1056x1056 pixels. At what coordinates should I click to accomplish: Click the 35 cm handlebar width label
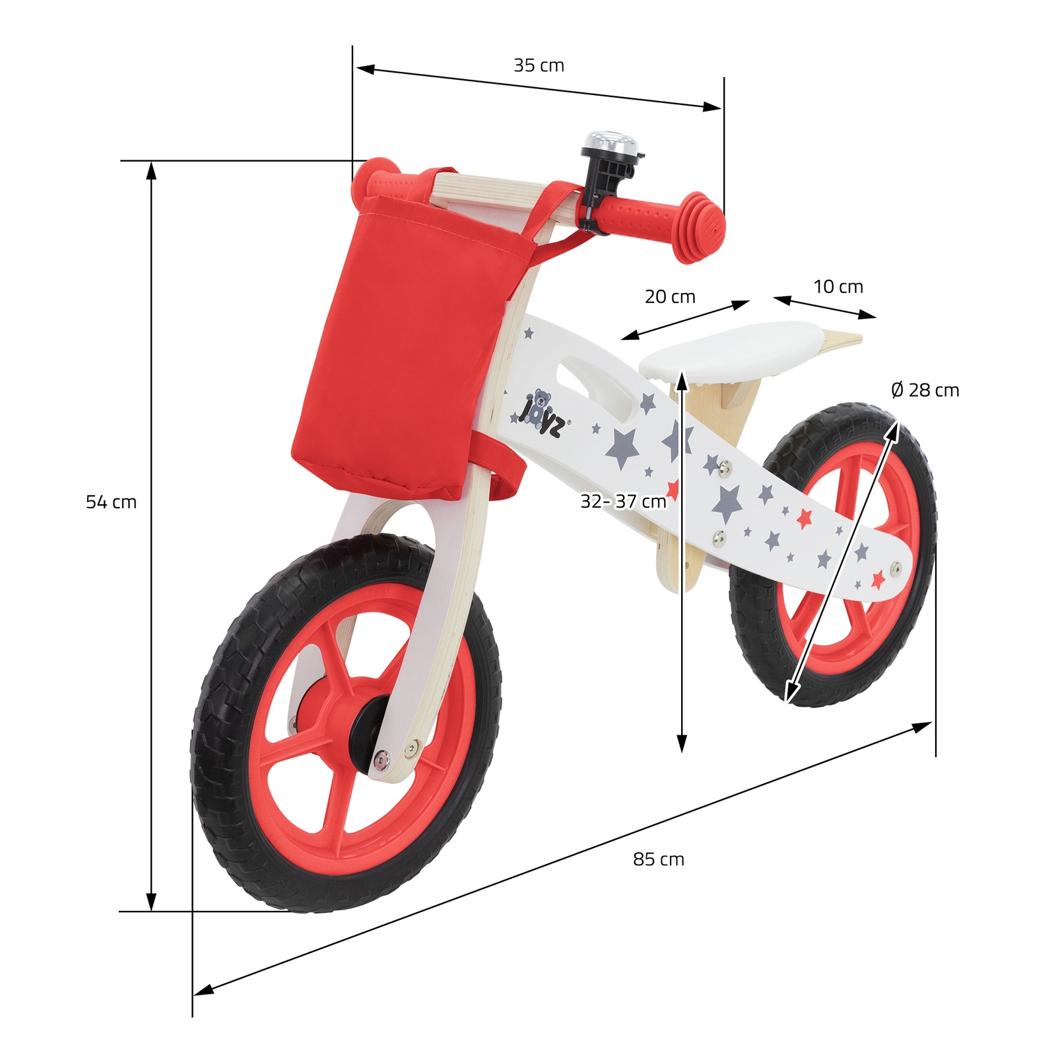pos(539,65)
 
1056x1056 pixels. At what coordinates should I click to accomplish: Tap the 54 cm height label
pos(111,502)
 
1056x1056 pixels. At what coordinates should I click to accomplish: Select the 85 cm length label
pos(658,859)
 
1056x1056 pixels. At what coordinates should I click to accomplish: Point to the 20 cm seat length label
pos(670,297)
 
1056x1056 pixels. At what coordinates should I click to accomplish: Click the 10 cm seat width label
pos(838,287)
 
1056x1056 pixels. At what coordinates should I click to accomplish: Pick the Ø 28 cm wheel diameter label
pos(925,390)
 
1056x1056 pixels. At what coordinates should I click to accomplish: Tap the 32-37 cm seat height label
pos(623,502)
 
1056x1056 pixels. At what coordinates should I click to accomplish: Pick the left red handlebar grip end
pos(373,173)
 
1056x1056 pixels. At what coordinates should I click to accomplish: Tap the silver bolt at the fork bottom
pos(381,761)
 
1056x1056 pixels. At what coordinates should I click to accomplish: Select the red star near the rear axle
pos(878,579)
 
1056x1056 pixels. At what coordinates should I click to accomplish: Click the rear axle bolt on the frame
pos(896,566)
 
